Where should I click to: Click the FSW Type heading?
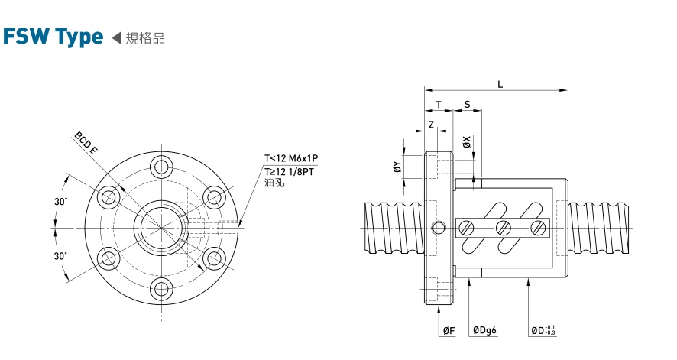53,37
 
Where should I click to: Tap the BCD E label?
86,144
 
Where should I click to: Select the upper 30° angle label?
61,201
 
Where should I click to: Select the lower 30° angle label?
61,256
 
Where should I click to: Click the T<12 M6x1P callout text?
291,158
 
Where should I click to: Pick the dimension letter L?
500,85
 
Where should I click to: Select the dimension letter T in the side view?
439,104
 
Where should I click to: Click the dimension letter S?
467,104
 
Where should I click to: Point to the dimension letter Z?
432,124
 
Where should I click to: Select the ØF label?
449,330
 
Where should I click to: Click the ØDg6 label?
484,330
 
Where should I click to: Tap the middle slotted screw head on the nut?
503,228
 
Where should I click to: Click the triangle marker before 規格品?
116,37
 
